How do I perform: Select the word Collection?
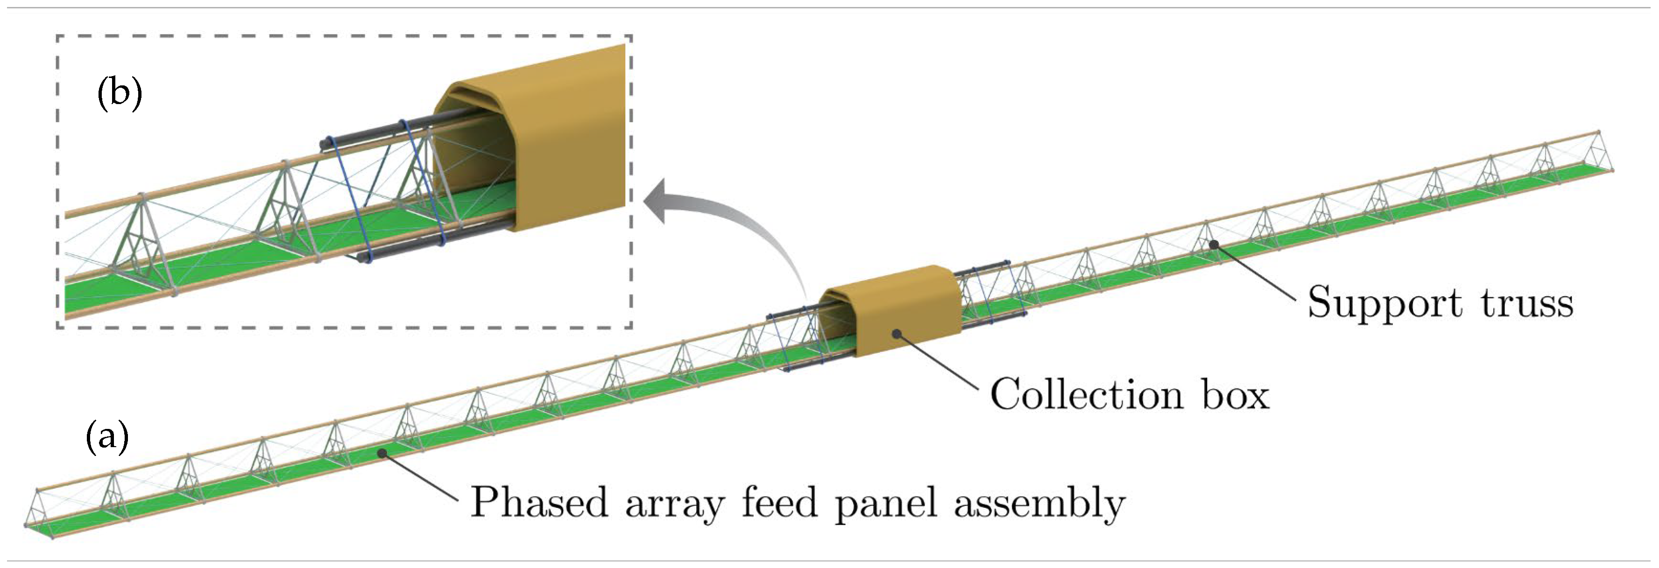(x=1086, y=394)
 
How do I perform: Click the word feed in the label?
(x=779, y=502)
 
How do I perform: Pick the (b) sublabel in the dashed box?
(x=119, y=93)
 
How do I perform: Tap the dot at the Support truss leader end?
(x=1214, y=245)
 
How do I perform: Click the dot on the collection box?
(x=897, y=333)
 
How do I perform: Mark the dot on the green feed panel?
(x=382, y=453)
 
